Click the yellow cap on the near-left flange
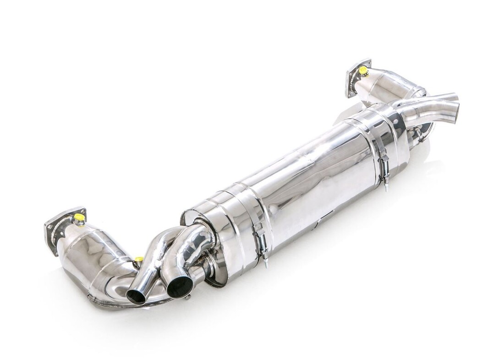pyautogui.click(x=79, y=217)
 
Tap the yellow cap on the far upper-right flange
pyautogui.click(x=363, y=71)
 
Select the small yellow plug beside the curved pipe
pyautogui.click(x=137, y=261)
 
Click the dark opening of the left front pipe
pyautogui.click(x=136, y=296)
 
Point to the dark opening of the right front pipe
pyautogui.click(x=180, y=288)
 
